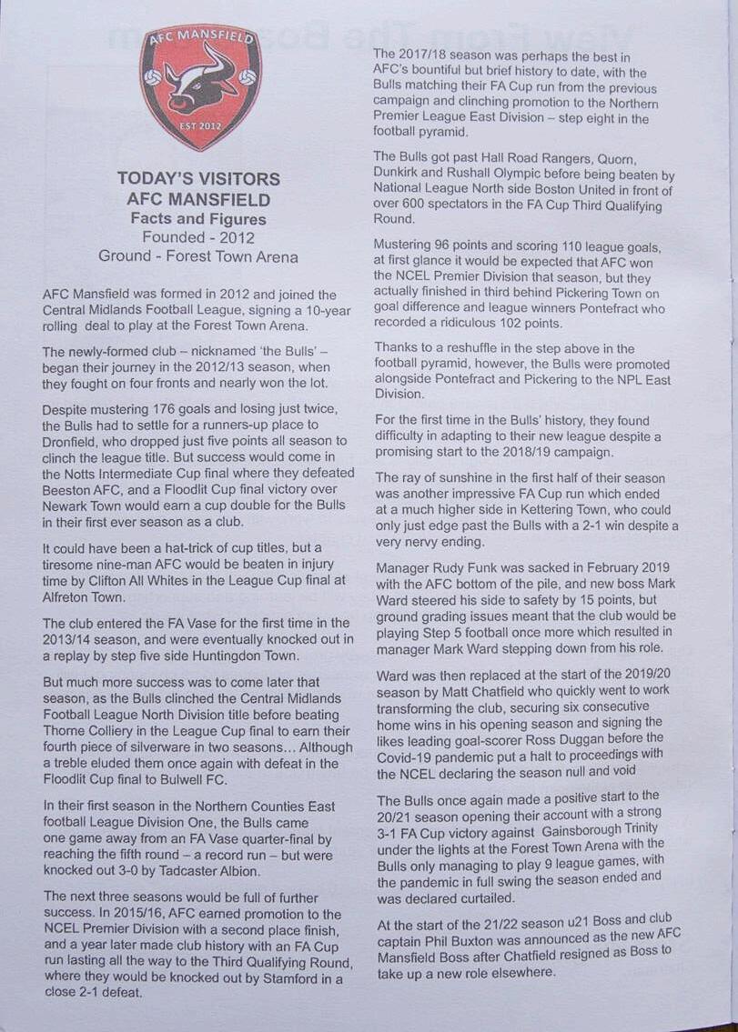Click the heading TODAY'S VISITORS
[198, 179]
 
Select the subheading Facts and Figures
[198, 219]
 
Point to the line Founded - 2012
[198, 238]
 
